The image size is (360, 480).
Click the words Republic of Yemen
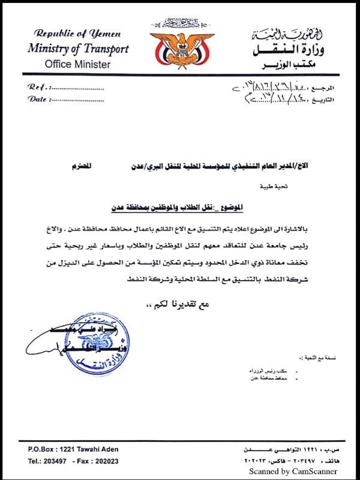point(77,34)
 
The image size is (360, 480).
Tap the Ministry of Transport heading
point(78,49)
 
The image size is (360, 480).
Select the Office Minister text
point(78,64)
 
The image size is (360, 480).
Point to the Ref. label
point(37,87)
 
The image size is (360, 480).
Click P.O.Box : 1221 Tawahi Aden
point(73,449)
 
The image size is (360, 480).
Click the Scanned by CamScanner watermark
point(293,472)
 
